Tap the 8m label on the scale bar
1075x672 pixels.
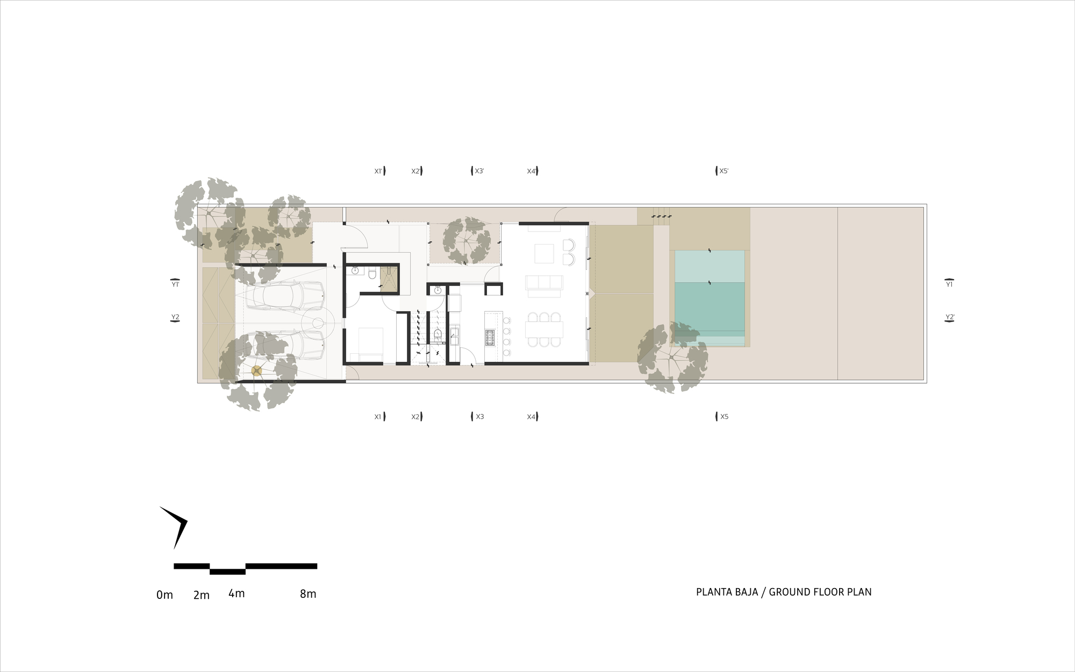[x=308, y=594]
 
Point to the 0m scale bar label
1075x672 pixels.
[x=164, y=595]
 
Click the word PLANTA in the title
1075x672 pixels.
[x=712, y=592]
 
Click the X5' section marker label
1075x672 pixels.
[x=724, y=171]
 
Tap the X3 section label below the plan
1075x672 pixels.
[x=479, y=417]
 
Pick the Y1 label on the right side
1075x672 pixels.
[x=949, y=284]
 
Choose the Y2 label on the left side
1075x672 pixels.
[x=175, y=317]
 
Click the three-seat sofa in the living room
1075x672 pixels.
[x=544, y=282]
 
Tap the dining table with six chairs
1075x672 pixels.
[x=544, y=329]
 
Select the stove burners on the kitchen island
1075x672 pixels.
[x=490, y=337]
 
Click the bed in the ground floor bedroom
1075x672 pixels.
[x=367, y=344]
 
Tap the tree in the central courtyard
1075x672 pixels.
[x=467, y=241]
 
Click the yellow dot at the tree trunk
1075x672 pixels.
[x=256, y=370]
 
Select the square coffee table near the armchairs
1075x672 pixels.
[x=544, y=253]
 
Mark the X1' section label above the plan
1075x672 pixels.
[x=378, y=171]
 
